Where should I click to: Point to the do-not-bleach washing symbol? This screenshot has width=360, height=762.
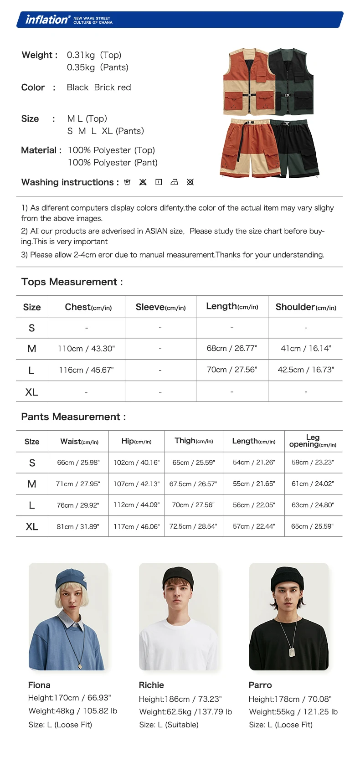pyautogui.click(x=143, y=182)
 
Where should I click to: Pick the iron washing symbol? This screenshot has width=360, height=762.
pyautogui.click(x=174, y=182)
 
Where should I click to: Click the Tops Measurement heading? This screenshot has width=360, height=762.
pyautogui.click(x=72, y=282)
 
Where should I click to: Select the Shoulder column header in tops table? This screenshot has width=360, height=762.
pyautogui.click(x=306, y=307)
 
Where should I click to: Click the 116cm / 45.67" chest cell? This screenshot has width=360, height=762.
pyautogui.click(x=86, y=370)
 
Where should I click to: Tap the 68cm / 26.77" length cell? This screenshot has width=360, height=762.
pyautogui.click(x=232, y=349)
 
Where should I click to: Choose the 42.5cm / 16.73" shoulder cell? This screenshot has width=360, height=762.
pyautogui.click(x=306, y=370)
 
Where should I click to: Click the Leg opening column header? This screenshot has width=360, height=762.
pyautogui.click(x=313, y=441)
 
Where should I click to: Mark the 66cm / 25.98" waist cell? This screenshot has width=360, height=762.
pyautogui.click(x=78, y=463)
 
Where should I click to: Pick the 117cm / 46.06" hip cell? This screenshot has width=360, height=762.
pyautogui.click(x=136, y=526)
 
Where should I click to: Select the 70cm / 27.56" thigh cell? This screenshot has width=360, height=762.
pyautogui.click(x=193, y=505)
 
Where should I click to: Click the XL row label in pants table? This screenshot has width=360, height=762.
pyautogui.click(x=32, y=526)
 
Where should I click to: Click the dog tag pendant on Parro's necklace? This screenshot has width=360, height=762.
pyautogui.click(x=292, y=652)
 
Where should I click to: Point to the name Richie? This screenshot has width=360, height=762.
pyautogui.click(x=151, y=685)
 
